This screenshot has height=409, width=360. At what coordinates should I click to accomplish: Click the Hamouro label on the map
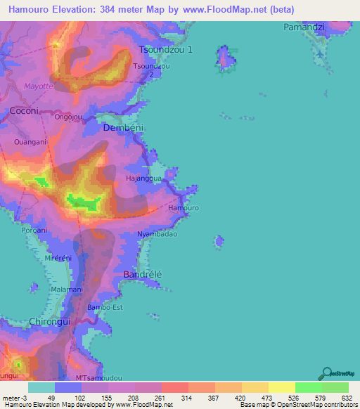tap(184, 209)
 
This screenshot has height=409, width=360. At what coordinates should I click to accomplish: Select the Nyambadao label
tap(157, 234)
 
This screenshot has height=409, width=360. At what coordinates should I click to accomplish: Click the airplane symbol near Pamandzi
tap(321, 53)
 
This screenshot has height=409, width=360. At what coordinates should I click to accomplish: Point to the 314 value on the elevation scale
tap(186, 398)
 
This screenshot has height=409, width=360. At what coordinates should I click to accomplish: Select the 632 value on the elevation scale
tap(346, 398)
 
